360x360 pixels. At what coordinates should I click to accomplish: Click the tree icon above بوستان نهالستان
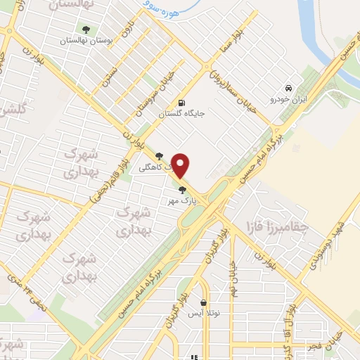86,30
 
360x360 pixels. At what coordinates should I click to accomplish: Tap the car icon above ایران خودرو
288,88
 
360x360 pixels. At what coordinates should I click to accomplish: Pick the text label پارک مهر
179,200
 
